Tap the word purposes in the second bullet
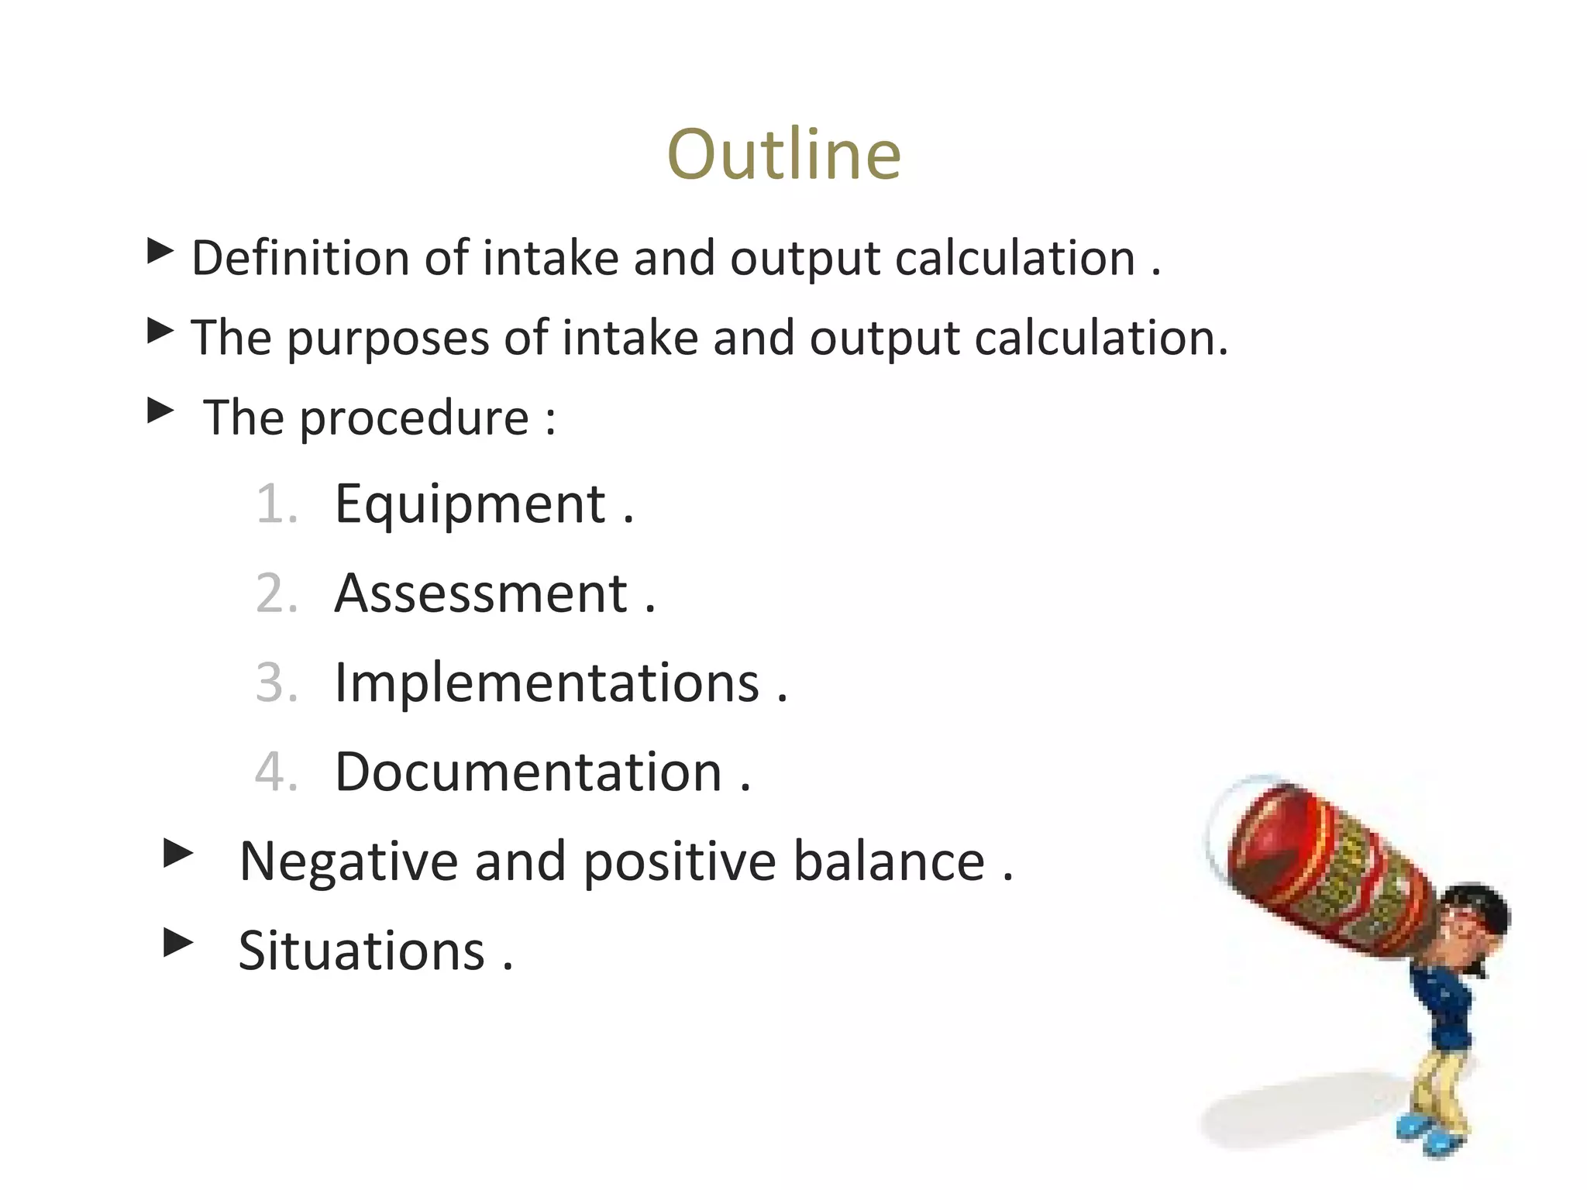(387, 339)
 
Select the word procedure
(415, 419)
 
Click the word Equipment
(470, 505)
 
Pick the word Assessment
(481, 594)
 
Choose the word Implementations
(547, 683)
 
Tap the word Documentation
(528, 772)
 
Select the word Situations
(361, 951)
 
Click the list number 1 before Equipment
(276, 505)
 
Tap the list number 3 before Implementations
(276, 683)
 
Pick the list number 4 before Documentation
(276, 772)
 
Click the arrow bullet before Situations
(179, 943)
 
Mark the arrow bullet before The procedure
(160, 411)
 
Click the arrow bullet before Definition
(160, 251)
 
